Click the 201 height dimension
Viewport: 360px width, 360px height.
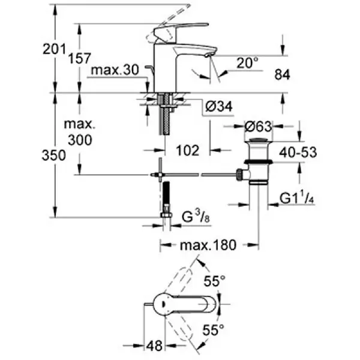click(x=53, y=50)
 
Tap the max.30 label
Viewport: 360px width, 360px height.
click(x=115, y=70)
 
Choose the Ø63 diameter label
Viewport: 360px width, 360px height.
click(x=259, y=127)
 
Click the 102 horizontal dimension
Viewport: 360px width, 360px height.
click(x=188, y=150)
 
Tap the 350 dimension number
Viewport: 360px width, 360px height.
click(x=53, y=155)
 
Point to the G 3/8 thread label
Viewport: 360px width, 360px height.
click(x=193, y=215)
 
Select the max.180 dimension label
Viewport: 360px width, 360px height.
click(x=208, y=245)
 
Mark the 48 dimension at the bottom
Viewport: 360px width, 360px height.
click(x=155, y=346)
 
